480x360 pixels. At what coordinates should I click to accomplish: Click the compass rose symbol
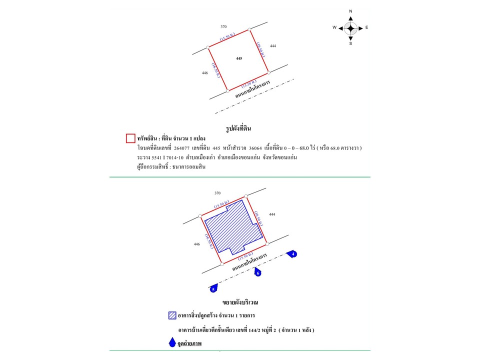350,28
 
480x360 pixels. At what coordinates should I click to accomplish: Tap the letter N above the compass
350,11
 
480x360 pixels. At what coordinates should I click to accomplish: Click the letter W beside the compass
334,28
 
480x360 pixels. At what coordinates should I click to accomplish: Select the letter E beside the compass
366,28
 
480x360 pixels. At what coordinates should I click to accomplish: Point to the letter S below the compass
350,43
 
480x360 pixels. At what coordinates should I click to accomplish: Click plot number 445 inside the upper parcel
239,58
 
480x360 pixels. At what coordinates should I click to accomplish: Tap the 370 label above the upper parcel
223,25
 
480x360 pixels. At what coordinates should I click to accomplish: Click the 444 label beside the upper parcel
272,46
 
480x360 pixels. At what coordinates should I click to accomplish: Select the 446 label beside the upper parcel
204,73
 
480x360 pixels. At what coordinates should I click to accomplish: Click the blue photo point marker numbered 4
293,254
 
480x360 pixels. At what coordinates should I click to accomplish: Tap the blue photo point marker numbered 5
213,288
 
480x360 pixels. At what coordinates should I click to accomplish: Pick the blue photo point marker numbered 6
258,273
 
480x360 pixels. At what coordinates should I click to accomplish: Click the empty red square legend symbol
130,138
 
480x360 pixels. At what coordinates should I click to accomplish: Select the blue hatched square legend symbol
172,315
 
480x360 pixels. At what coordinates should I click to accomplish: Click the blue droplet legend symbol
172,343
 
